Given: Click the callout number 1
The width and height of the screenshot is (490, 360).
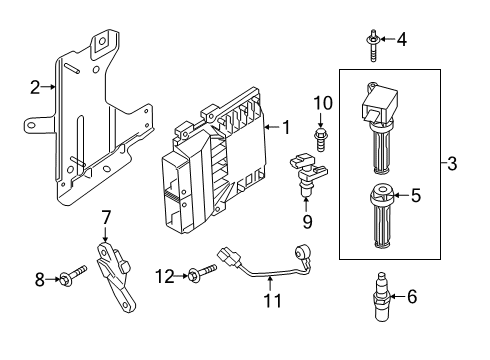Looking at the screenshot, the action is click(286, 127).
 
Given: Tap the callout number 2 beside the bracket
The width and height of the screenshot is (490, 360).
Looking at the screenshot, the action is click(35, 87).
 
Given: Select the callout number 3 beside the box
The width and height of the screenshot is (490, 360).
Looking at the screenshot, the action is click(452, 163).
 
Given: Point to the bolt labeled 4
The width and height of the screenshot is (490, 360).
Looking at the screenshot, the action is click(373, 46).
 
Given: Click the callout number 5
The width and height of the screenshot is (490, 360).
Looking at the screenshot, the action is click(416, 195).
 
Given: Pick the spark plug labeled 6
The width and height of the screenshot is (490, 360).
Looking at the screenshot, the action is click(381, 296).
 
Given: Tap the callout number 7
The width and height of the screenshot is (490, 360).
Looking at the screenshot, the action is click(105, 217).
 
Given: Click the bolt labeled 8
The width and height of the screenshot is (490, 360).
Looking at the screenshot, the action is click(73, 276).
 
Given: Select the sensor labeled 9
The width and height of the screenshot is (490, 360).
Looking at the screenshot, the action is click(308, 174).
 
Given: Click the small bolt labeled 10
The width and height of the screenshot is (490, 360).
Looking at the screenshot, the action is click(320, 139).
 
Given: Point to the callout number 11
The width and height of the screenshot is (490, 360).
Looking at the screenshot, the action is click(273, 301).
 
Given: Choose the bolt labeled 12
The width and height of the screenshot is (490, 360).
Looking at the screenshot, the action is click(202, 273).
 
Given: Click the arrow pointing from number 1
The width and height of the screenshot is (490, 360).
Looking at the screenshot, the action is click(272, 127).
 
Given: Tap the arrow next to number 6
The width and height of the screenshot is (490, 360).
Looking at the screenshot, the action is click(397, 296).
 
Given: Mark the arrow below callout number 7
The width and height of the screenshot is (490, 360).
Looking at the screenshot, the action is click(105, 234).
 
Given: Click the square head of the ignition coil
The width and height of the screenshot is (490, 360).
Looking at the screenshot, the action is click(380, 104).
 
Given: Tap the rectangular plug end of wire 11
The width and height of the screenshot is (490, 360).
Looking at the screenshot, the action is click(228, 256).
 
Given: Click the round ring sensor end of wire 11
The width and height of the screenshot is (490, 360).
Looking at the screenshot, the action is click(301, 251).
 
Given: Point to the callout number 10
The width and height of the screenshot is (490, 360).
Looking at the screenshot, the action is click(323, 103).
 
